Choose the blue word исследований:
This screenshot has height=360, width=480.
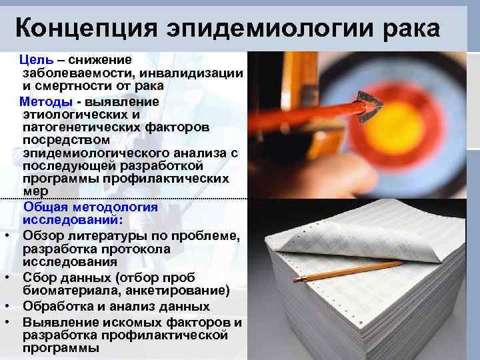73,219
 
